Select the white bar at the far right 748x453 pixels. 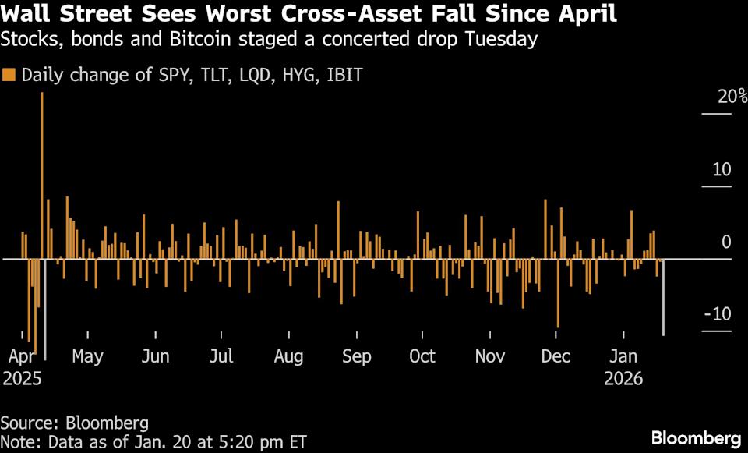(x=663, y=297)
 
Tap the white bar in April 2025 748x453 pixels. (x=45, y=309)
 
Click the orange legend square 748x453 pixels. (x=9, y=76)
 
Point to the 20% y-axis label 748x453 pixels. (x=717, y=97)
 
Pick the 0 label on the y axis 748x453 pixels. (x=726, y=242)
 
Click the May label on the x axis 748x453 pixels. (x=87, y=357)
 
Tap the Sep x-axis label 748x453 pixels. (x=357, y=357)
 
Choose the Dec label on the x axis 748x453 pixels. (x=556, y=357)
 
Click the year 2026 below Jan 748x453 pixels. (x=623, y=379)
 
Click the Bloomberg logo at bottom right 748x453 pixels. (x=696, y=437)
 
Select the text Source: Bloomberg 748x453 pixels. (x=75, y=423)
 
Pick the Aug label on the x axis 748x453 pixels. (x=289, y=357)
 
